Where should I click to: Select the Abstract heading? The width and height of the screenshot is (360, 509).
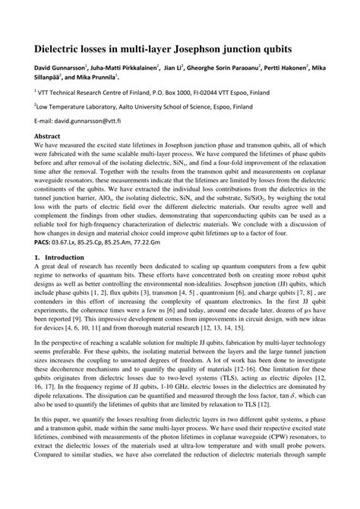tap(48, 135)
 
